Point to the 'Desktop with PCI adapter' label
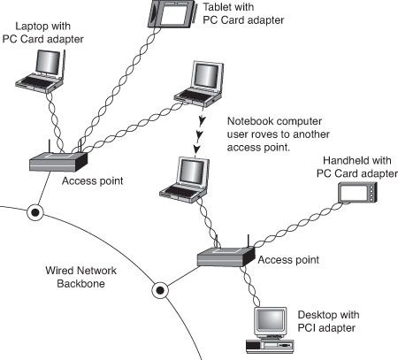[328, 321]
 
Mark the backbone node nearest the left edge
[34, 212]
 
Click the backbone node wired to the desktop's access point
[161, 288]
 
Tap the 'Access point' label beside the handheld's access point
[287, 261]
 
